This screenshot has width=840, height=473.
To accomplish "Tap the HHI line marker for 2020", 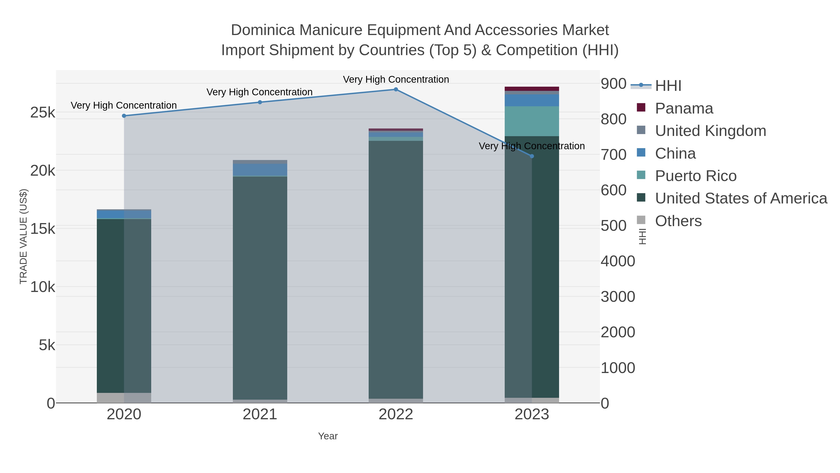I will click(x=124, y=116).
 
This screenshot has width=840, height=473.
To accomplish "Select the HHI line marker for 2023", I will click(x=532, y=156).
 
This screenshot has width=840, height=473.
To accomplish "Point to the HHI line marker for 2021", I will click(x=260, y=102).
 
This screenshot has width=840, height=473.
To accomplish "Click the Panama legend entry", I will click(x=684, y=108).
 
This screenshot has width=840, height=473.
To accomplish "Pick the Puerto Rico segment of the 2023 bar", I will click(x=532, y=121).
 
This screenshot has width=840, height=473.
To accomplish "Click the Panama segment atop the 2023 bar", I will click(x=532, y=89).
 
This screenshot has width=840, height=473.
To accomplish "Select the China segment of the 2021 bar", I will click(x=260, y=170).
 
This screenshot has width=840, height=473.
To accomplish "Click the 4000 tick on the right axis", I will click(x=618, y=261).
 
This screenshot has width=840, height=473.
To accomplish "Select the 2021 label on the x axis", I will click(x=260, y=415).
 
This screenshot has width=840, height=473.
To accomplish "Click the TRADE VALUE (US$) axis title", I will click(x=24, y=236).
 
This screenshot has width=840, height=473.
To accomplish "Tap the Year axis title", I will click(x=328, y=436).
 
